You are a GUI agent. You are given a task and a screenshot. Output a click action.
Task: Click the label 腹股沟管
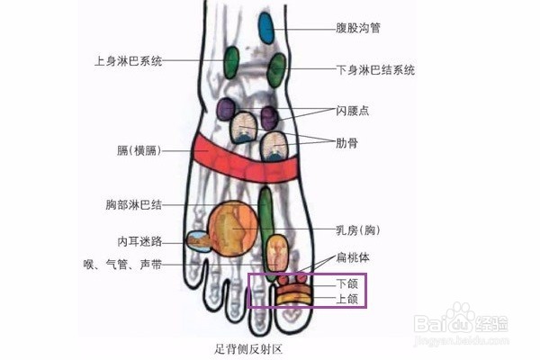click(x=358, y=28)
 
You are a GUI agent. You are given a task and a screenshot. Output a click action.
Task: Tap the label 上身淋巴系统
click(x=129, y=61)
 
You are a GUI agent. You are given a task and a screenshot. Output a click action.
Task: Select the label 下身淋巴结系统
click(x=375, y=69)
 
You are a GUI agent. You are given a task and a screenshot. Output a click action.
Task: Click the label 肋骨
click(x=347, y=142)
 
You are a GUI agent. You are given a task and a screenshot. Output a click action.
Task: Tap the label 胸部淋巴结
click(x=133, y=205)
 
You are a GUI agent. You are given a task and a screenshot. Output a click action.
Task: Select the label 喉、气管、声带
click(x=121, y=265)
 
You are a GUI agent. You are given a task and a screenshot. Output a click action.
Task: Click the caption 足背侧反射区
click(x=244, y=347)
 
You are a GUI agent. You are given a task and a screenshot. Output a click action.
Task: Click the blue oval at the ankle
click(x=265, y=28)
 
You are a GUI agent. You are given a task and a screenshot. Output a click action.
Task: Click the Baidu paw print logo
click(x=462, y=314)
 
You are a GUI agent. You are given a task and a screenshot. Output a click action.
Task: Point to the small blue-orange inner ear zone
click(x=198, y=240)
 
